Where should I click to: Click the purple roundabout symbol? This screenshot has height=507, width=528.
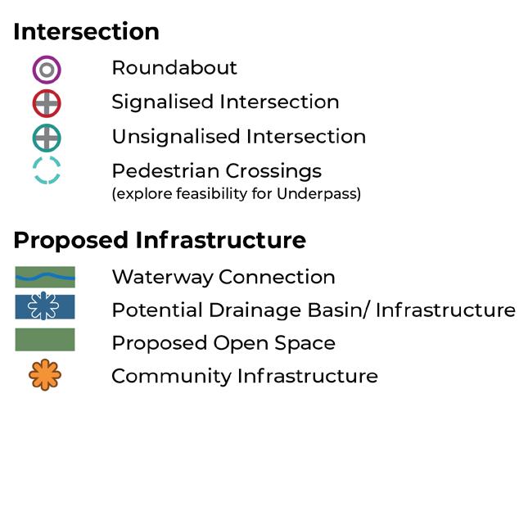[x=47, y=70]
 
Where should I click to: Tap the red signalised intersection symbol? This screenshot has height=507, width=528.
[x=47, y=104]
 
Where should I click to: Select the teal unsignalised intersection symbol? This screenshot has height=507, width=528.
[x=47, y=138]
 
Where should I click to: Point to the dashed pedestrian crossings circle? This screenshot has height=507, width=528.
[x=47, y=170]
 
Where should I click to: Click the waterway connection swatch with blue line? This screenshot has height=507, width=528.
[x=45, y=277]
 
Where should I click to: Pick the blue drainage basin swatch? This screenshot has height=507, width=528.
[x=45, y=307]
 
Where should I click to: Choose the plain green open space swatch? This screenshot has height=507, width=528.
[x=45, y=340]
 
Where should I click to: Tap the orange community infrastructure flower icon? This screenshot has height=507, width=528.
[x=45, y=375]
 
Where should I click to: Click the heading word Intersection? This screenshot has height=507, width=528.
[x=86, y=32]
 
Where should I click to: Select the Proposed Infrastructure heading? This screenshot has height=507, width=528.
[x=160, y=241]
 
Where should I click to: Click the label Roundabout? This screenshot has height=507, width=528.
[x=174, y=68]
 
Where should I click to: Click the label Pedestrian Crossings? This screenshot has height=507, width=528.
[x=216, y=172]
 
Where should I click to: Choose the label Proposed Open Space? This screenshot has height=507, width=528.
[x=223, y=343]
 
